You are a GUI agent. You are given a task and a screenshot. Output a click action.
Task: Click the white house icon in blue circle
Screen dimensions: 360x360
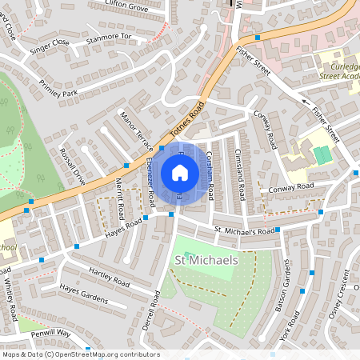pyautogui.click(x=180, y=172)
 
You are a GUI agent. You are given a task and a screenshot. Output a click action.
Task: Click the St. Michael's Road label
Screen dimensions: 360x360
pyautogui.click(x=244, y=231)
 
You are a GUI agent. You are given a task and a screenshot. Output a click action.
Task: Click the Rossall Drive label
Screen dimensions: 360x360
pyautogui.click(x=72, y=166)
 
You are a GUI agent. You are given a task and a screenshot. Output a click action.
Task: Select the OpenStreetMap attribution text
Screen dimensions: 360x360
pyautogui.click(x=81, y=354)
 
